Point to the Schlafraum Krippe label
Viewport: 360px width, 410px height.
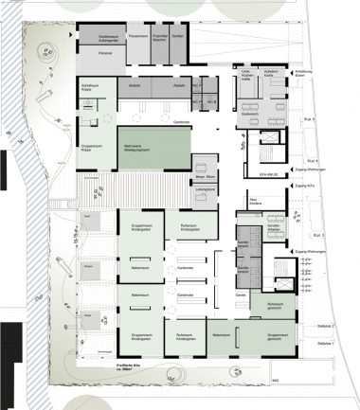coord(91,87)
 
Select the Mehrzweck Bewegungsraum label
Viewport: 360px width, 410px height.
coord(139,149)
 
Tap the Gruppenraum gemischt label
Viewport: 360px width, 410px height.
coord(277,335)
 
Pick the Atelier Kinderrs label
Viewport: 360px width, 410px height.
coord(253,205)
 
